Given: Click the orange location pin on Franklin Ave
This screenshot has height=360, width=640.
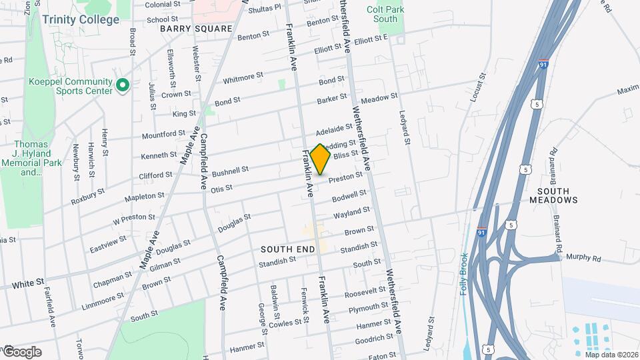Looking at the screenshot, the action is [x=321, y=159].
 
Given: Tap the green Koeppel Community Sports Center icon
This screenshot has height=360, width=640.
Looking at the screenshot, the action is [x=122, y=85].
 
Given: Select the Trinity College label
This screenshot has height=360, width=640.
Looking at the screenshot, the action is [x=81, y=19].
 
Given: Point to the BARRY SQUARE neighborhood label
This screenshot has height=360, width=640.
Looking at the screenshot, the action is [x=195, y=29].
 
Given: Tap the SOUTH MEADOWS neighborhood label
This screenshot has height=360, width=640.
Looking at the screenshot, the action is [x=553, y=194].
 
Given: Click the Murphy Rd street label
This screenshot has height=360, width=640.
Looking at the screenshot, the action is [x=583, y=257].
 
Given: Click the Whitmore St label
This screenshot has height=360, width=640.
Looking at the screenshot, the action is [x=243, y=78].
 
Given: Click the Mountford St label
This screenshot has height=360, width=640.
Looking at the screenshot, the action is [x=162, y=135].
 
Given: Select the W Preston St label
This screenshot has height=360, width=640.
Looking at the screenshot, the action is [x=133, y=217].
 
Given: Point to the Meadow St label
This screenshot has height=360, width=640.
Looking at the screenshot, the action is [x=379, y=98].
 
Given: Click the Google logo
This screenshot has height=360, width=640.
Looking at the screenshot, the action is [x=21, y=351].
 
